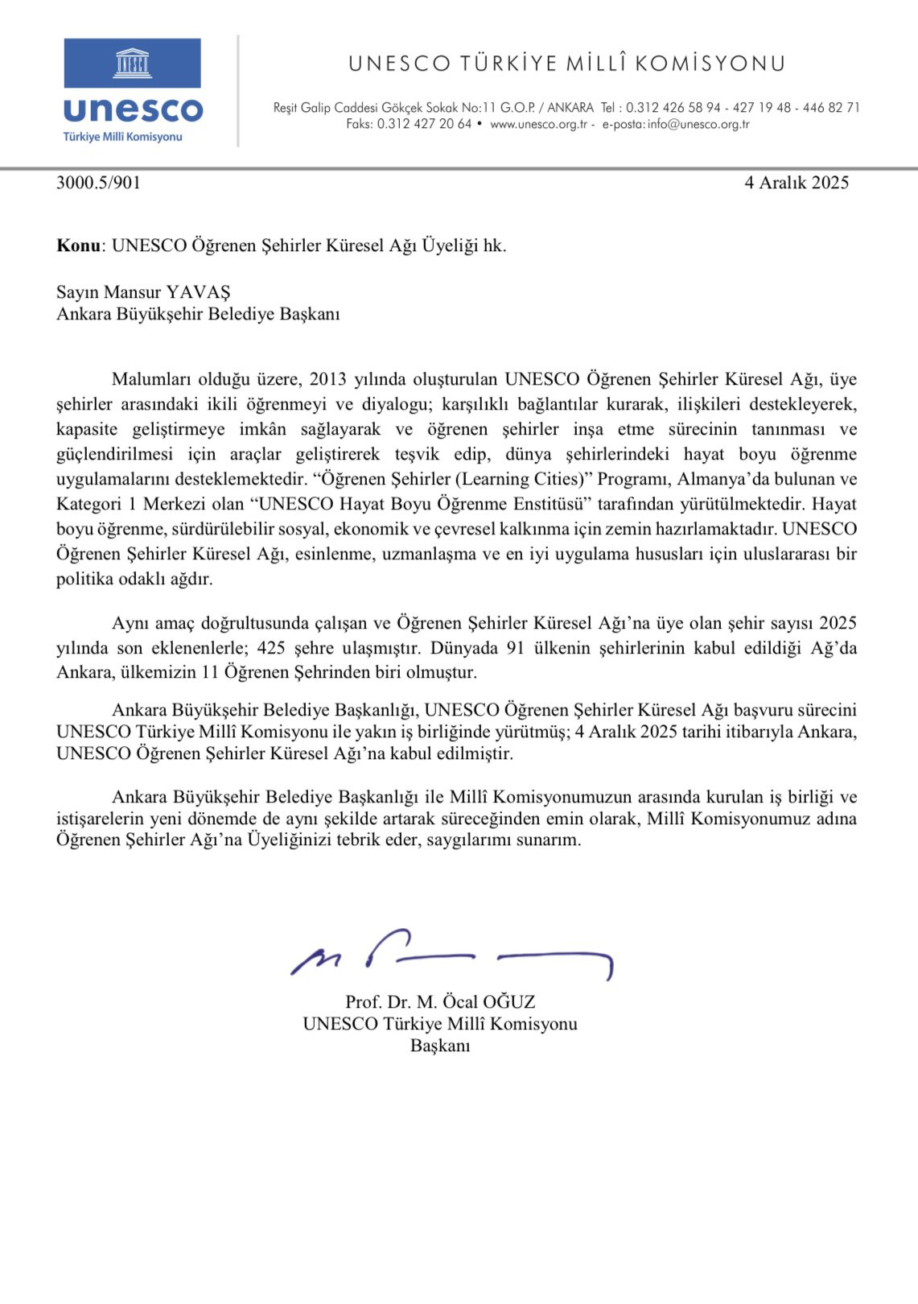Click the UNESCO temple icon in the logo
point(133,63)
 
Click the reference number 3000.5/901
point(98,183)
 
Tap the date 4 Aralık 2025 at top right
point(796,183)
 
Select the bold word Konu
point(78,246)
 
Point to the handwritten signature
point(451,955)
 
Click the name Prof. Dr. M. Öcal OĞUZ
point(440,1002)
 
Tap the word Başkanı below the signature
point(440,1046)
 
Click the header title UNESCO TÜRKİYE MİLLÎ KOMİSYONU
point(566,64)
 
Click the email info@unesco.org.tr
point(698,124)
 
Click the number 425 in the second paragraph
point(271,648)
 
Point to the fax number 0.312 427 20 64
point(424,124)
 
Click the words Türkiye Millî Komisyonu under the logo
point(123,137)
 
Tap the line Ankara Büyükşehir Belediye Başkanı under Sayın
point(198,314)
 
